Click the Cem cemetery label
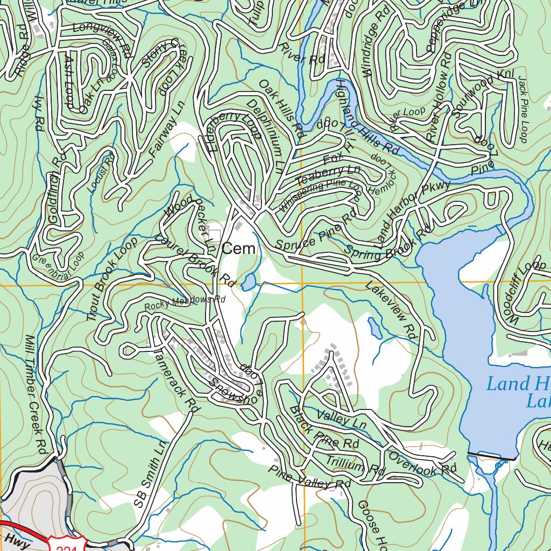coord(238,249)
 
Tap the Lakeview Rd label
coord(391,309)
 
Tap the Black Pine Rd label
coord(323,428)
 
